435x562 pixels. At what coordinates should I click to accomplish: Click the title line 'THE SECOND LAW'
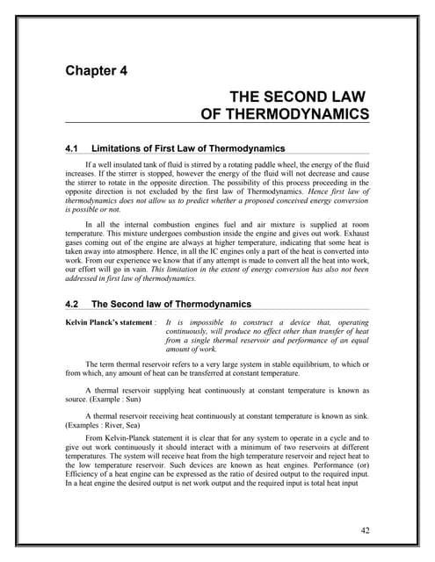click(x=299, y=97)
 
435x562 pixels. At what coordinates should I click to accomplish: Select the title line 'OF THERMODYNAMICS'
click(x=285, y=113)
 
